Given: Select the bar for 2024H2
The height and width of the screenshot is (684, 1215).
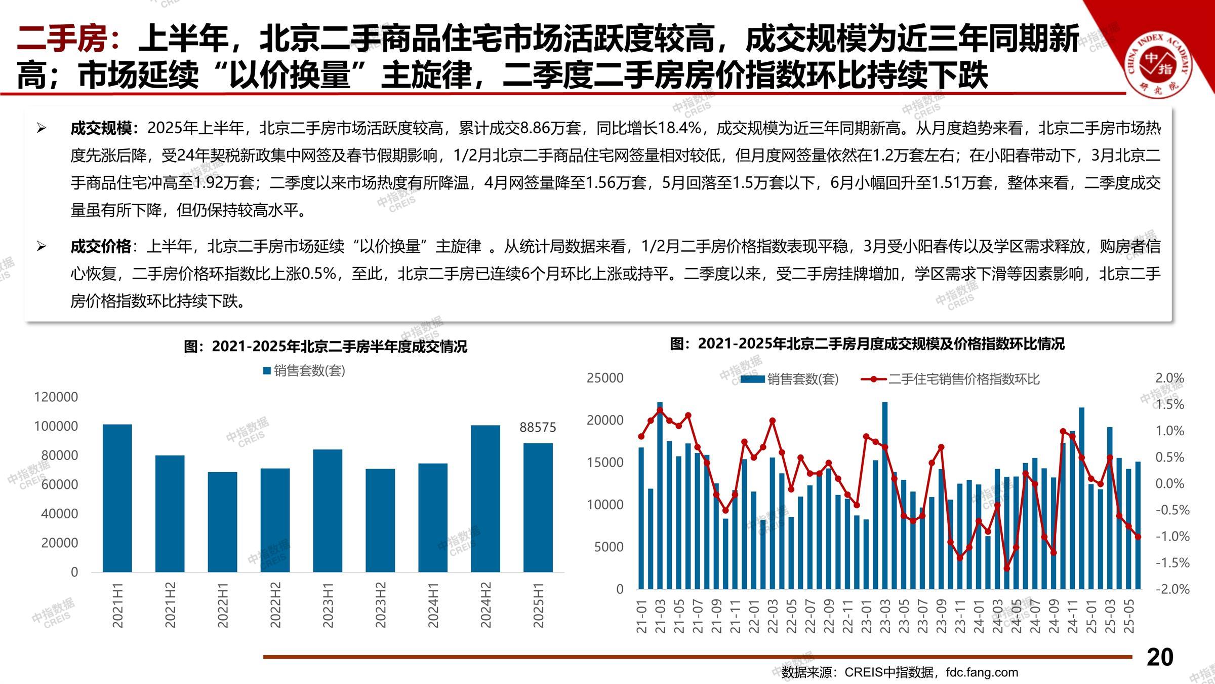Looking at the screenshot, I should coord(485,499).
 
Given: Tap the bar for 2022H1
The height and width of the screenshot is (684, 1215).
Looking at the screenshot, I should coord(222,522).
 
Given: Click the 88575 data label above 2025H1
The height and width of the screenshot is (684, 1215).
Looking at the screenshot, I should coord(538,428).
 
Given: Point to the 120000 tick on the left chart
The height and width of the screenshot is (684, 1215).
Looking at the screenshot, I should coord(56,397).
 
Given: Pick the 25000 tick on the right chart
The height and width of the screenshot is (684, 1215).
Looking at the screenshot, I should coord(605,378).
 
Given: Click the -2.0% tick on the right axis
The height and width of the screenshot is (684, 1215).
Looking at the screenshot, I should coord(1172,589).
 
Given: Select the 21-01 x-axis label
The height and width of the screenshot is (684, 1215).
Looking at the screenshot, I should coord(642,616).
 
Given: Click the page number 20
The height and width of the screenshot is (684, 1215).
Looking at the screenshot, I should coord(1160,657).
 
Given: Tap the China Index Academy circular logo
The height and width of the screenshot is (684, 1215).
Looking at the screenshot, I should coord(1159,64).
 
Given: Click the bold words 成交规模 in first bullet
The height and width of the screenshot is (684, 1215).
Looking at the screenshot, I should coord(101,128).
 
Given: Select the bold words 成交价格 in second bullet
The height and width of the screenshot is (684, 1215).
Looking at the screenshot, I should coord(101,247).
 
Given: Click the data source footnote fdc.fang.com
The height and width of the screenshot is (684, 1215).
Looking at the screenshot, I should coord(982,672).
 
